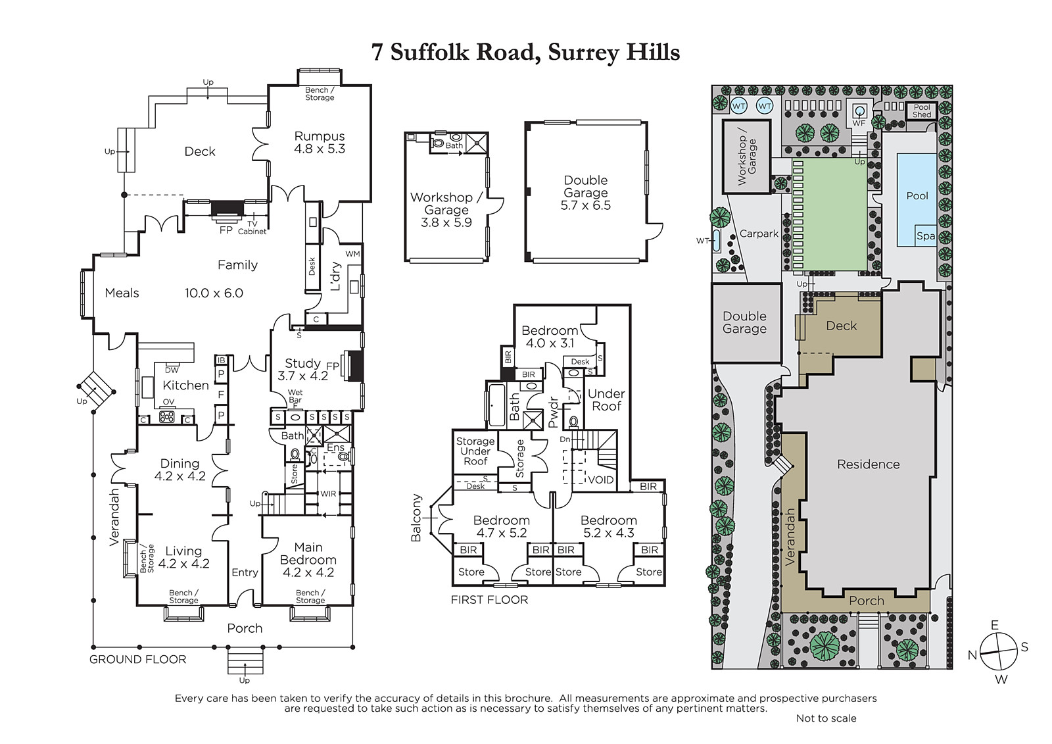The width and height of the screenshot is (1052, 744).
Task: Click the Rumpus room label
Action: [x=320, y=136]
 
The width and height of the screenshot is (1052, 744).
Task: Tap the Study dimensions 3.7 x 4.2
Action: [x=302, y=376]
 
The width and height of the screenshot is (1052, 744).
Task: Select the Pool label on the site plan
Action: [x=917, y=196]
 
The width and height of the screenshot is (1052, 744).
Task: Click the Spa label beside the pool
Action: [x=926, y=236]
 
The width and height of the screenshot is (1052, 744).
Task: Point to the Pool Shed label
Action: [x=921, y=111]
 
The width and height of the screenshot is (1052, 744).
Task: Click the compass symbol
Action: [x=999, y=651]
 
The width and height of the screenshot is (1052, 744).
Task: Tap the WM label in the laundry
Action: [x=352, y=255]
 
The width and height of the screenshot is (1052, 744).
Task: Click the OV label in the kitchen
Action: [x=168, y=402]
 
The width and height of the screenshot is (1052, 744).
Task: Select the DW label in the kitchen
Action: [x=172, y=370]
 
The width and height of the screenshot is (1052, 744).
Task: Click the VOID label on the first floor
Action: [x=601, y=480]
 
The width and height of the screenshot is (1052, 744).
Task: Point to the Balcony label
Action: [x=416, y=518]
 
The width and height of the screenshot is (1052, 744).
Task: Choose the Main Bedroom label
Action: [x=308, y=554]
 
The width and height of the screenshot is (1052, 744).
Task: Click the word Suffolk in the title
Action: [x=430, y=52]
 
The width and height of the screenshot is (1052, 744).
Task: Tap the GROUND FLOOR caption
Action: [x=137, y=659]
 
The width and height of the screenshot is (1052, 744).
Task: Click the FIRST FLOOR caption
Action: [x=489, y=600]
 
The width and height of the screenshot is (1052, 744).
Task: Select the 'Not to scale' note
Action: [x=826, y=718]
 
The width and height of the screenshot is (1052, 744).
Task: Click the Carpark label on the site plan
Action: [x=759, y=234]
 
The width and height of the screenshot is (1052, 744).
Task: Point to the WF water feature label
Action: [x=859, y=123]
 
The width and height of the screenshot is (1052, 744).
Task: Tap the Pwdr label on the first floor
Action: [x=553, y=412]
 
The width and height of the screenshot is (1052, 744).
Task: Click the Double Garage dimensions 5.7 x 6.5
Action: [x=586, y=205]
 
